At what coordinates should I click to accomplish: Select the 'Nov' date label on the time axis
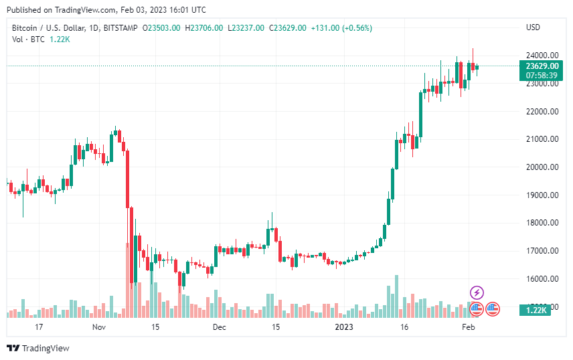(99, 327)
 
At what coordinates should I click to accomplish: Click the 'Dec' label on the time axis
(219, 327)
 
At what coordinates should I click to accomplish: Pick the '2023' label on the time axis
(344, 327)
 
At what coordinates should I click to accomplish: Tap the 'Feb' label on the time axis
(469, 327)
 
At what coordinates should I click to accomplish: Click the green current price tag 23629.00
(542, 66)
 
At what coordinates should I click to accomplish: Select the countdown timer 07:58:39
(542, 76)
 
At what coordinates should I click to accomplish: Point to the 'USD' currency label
(534, 27)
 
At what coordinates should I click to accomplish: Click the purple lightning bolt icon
(477, 292)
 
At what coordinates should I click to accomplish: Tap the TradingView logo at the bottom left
(38, 348)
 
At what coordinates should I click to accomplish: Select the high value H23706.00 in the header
(204, 27)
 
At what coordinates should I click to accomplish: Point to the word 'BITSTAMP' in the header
(122, 27)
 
